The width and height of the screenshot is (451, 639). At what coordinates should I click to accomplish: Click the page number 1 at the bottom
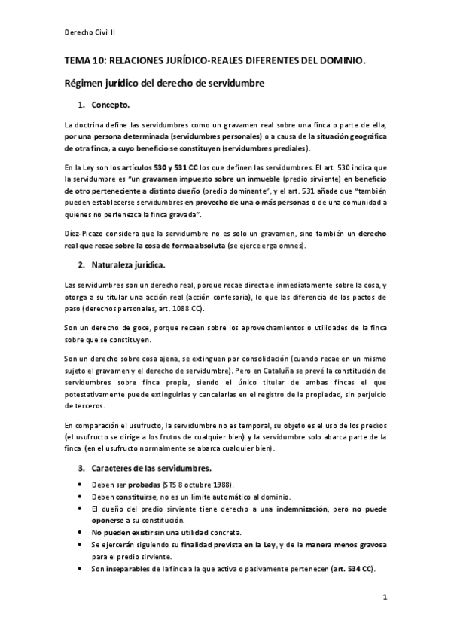click(384, 598)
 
